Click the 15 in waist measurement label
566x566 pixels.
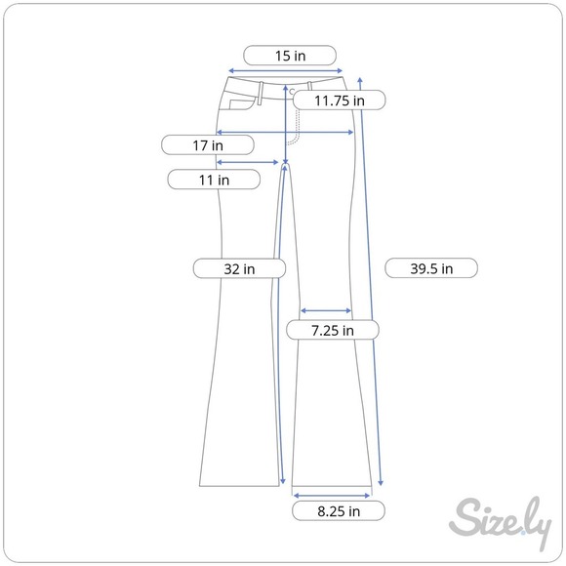click(x=290, y=56)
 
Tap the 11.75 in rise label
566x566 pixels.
click(x=340, y=101)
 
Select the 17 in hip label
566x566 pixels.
click(x=208, y=145)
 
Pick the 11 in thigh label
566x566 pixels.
click(x=214, y=180)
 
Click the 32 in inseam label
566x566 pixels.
click(x=239, y=268)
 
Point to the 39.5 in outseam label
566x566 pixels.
click(x=431, y=268)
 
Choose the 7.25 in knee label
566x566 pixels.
click(x=333, y=330)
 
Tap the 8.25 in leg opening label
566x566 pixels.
click(x=339, y=510)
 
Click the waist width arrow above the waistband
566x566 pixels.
click(x=286, y=70)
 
